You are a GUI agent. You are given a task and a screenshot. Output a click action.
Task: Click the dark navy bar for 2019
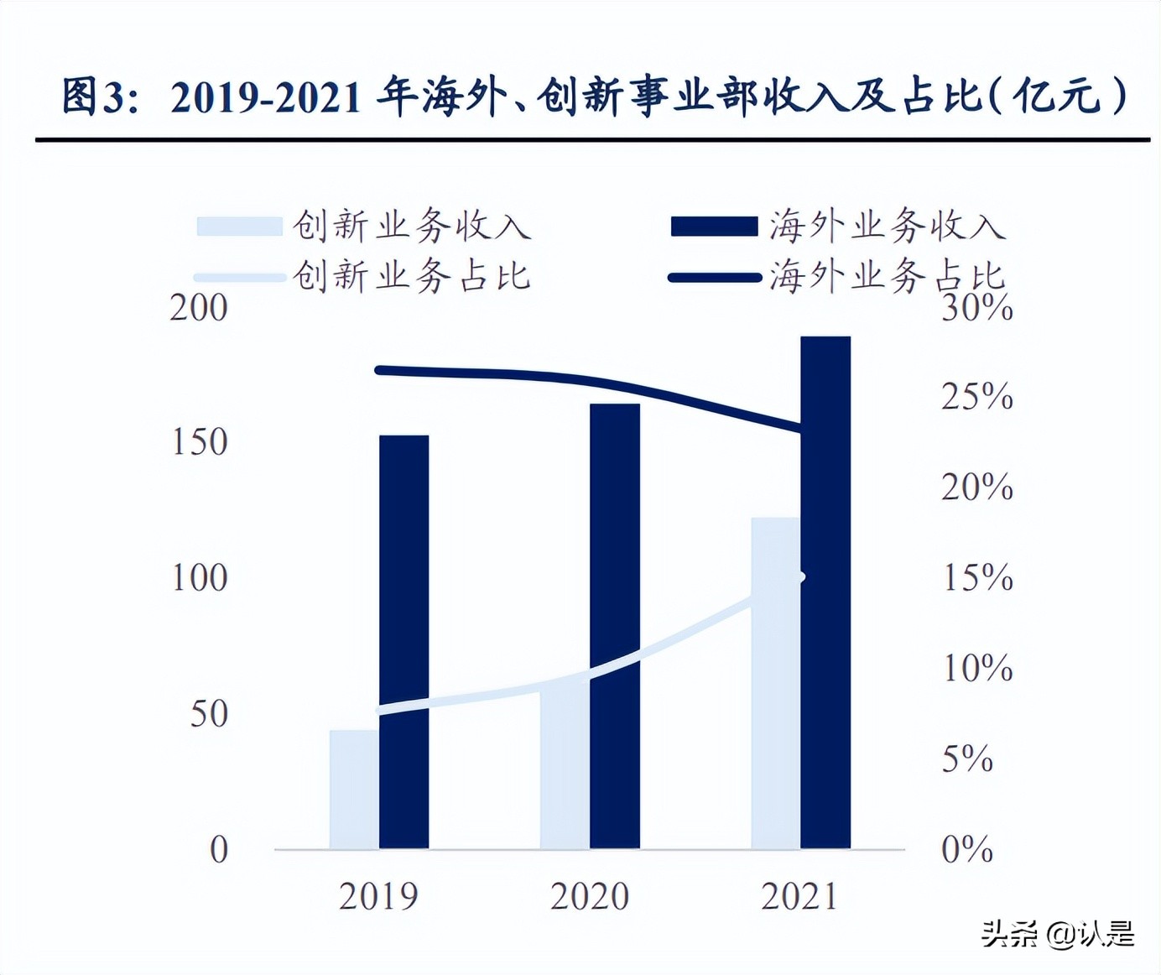[403, 642]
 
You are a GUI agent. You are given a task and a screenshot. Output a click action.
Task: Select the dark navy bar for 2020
[615, 626]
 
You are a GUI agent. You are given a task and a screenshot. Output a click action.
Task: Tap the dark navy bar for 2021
[825, 592]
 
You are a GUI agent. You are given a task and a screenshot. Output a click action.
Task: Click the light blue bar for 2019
[353, 789]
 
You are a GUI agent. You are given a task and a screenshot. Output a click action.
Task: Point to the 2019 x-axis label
[378, 896]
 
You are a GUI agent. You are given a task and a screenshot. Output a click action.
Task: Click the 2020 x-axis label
[590, 896]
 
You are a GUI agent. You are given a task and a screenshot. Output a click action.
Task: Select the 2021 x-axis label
[799, 896]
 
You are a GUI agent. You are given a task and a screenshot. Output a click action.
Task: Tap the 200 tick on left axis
[199, 308]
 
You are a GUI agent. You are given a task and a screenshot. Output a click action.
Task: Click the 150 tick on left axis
[199, 442]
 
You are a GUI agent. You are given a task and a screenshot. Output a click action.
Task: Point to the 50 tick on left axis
[209, 714]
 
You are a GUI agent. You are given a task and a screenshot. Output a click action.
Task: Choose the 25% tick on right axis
[976, 396]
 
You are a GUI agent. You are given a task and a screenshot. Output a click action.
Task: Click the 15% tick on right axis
[976, 577]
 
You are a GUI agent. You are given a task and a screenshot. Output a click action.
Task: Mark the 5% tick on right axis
[967, 759]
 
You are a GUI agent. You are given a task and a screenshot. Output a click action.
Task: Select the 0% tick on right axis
[967, 849]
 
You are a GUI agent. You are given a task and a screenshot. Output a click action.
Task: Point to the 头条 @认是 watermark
[1058, 933]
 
